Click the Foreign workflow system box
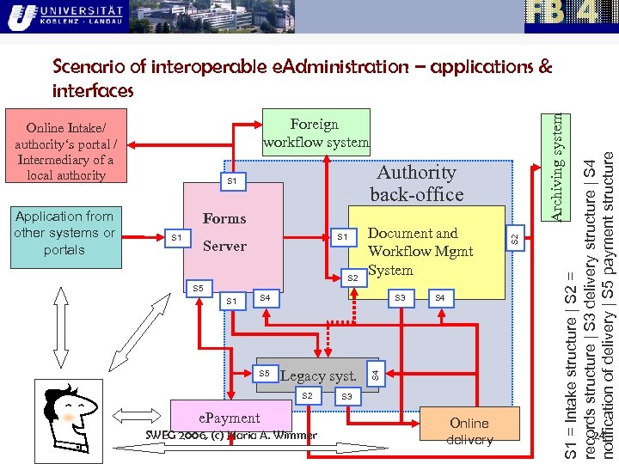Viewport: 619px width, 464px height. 316,132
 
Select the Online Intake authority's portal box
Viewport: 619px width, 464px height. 65,151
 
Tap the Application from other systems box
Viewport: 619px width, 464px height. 64,233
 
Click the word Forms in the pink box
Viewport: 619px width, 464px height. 224,219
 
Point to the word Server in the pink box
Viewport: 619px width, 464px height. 224,247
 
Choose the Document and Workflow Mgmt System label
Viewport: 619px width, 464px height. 420,251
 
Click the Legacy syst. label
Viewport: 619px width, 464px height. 319,375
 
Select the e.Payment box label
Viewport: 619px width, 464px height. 229,418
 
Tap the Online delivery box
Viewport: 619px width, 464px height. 469,431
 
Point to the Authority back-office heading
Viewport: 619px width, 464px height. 416,183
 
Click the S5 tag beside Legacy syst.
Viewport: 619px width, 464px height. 265,374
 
